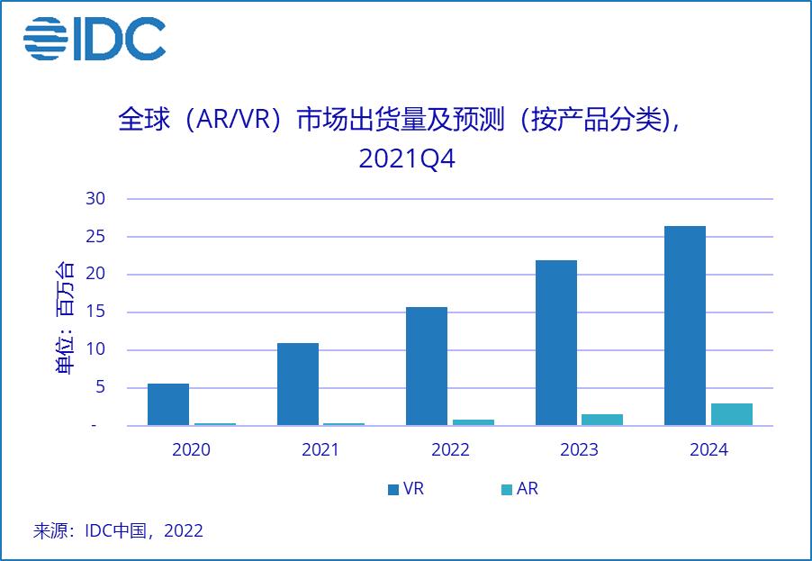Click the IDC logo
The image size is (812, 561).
point(95,40)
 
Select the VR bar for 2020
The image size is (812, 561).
point(168,404)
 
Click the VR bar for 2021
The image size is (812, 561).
point(297,385)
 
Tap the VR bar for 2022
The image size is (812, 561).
point(427,366)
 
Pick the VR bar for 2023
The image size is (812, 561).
point(555,343)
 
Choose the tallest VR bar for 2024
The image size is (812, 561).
point(685,326)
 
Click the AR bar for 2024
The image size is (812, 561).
point(731,414)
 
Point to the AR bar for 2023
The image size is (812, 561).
point(602,420)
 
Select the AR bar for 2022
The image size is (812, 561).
point(473,422)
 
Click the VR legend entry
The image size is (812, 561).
point(406,490)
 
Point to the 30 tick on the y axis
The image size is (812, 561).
point(96,199)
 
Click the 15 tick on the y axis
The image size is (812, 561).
point(96,312)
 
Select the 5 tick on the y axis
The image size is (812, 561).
point(101,388)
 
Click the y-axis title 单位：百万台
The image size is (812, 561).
point(66,317)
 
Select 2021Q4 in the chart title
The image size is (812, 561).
point(407,158)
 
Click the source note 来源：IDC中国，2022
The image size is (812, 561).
point(118,530)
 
